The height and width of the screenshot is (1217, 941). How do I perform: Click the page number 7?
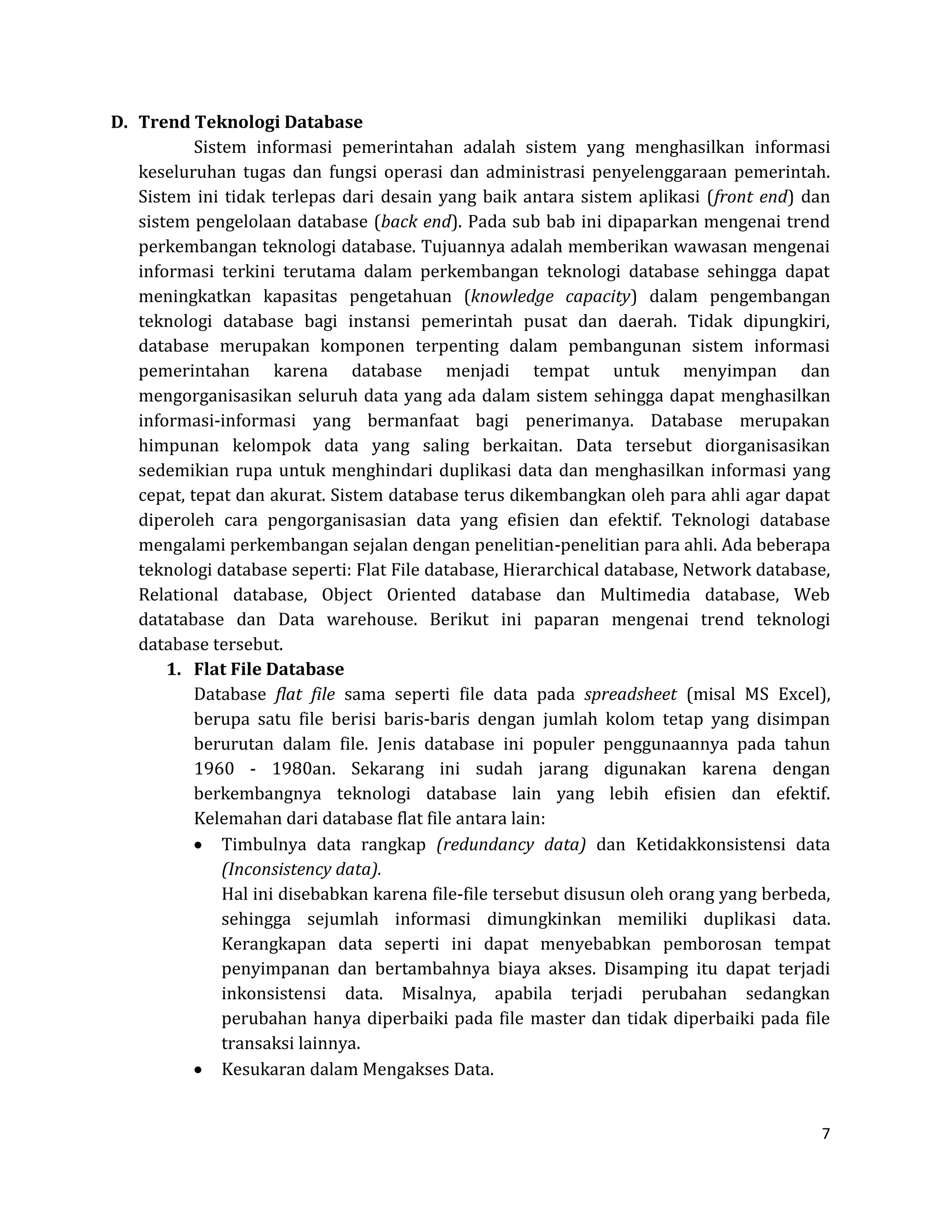[x=826, y=1133]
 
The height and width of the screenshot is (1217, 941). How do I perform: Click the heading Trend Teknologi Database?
[x=250, y=122]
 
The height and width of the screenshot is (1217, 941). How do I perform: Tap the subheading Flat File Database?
[x=269, y=669]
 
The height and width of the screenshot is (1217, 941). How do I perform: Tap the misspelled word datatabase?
[x=181, y=620]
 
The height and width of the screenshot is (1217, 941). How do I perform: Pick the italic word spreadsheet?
[x=630, y=695]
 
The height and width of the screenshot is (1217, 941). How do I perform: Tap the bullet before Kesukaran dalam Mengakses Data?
[x=198, y=1071]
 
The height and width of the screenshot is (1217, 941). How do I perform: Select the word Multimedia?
[x=645, y=595]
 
